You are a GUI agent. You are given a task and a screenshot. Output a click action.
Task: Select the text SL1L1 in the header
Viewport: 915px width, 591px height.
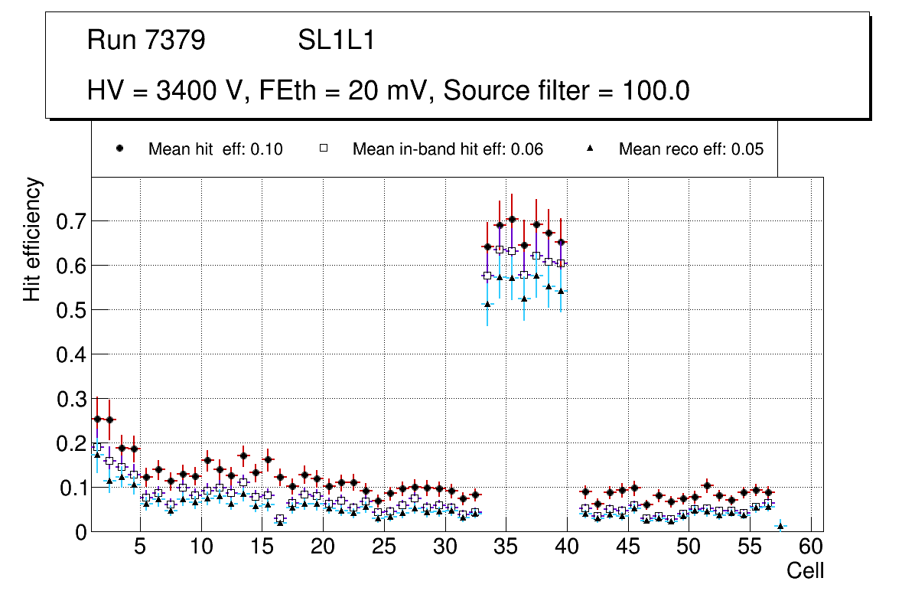coord(336,40)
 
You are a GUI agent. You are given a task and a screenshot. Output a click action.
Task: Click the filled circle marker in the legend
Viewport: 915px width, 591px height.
coord(119,149)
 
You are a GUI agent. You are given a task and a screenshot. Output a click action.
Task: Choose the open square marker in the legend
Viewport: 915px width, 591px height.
coord(324,149)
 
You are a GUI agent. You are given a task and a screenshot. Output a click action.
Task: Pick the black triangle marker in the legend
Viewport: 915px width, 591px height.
coord(590,149)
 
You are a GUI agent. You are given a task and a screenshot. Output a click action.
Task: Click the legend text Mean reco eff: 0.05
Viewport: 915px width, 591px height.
coord(691,149)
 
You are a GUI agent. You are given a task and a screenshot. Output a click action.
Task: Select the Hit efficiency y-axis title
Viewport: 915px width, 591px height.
coord(32,239)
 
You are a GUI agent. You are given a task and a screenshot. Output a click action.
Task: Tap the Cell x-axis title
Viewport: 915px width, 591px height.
coord(805,570)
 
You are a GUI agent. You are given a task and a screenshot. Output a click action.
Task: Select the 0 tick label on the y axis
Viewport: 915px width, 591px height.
coord(81,532)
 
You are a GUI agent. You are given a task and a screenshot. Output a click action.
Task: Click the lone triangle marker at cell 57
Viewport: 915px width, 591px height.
coord(780,526)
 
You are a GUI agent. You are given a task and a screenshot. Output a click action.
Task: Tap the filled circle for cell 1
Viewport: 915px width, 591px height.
coord(97,420)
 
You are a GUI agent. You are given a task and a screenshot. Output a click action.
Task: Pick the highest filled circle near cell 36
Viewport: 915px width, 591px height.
coord(512,220)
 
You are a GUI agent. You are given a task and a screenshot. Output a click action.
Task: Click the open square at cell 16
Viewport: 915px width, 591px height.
coord(280,519)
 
